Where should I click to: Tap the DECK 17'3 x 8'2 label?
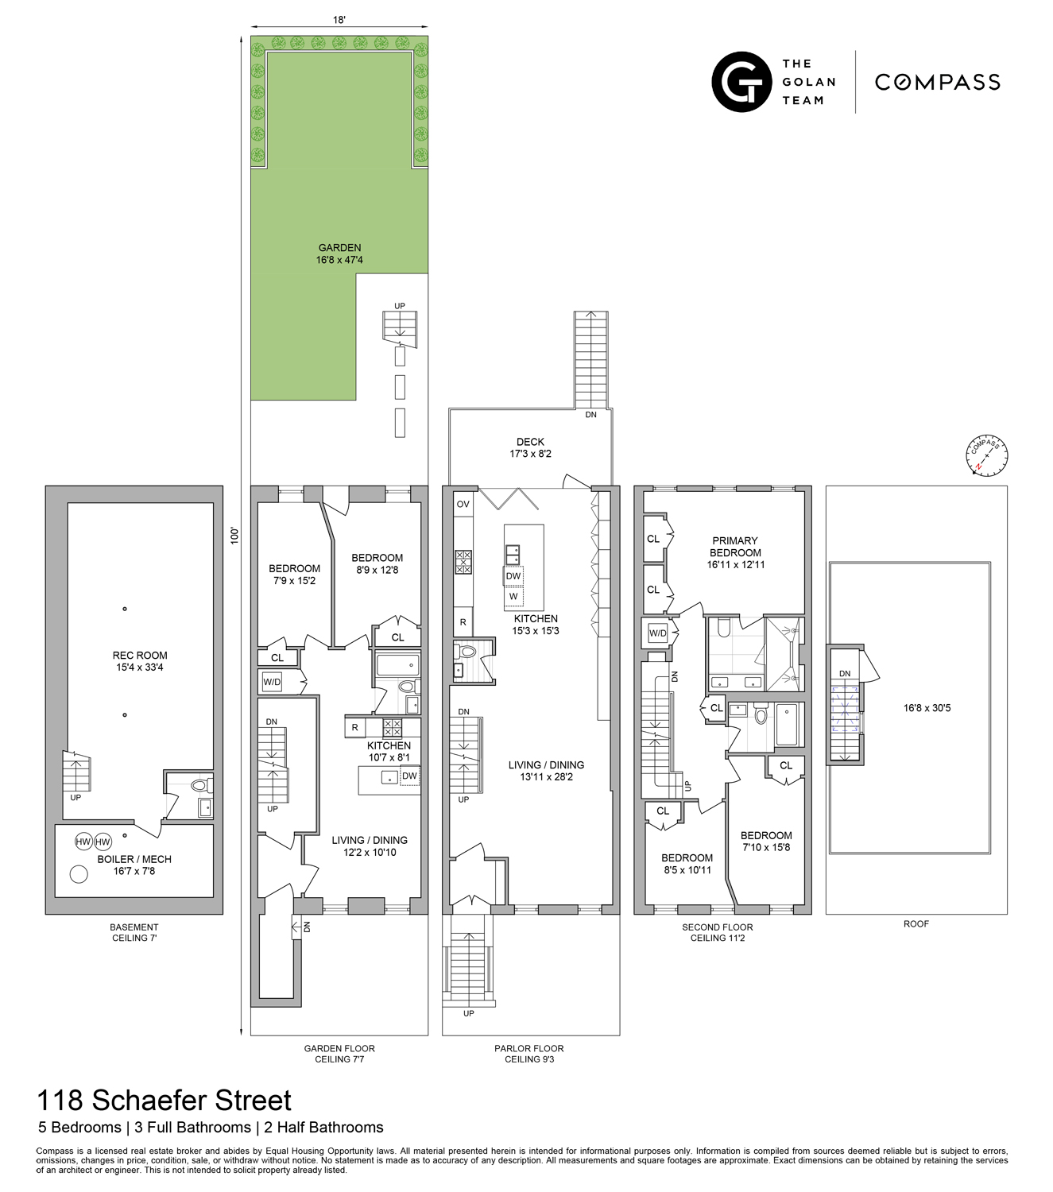(x=530, y=447)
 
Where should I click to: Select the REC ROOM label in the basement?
(x=140, y=661)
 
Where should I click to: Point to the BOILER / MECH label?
(x=134, y=865)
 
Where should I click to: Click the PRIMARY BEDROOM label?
(x=735, y=552)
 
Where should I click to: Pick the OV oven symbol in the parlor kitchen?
(x=463, y=504)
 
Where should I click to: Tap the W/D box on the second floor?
(x=657, y=633)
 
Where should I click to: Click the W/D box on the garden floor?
(x=272, y=682)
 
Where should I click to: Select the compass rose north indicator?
(x=987, y=457)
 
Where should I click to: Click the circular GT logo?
(x=741, y=82)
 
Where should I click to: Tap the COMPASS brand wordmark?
(x=937, y=83)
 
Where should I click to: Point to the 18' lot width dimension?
(x=339, y=21)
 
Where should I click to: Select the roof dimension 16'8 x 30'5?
(x=927, y=707)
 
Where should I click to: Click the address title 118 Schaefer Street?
(x=165, y=1101)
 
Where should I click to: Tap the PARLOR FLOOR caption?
(x=529, y=1048)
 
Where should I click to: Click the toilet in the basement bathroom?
(x=199, y=785)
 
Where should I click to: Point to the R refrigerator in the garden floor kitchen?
(x=354, y=727)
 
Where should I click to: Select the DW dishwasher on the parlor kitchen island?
(x=513, y=576)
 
